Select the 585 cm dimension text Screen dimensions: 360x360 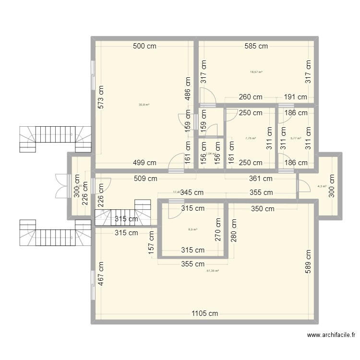256,47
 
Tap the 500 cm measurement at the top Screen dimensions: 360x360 145,47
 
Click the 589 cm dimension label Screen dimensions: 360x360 308,262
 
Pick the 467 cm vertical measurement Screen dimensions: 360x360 101,273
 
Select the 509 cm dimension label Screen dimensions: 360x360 146,179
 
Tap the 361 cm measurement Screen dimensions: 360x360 261,179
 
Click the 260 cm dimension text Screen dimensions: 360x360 251,97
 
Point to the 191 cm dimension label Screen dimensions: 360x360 295,97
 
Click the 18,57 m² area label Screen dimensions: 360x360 256,72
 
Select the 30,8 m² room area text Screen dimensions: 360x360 144,105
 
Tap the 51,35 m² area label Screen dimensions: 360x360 212,271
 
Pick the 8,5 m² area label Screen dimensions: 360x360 192,229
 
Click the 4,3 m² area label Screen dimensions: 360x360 322,186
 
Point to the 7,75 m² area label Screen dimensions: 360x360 251,138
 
